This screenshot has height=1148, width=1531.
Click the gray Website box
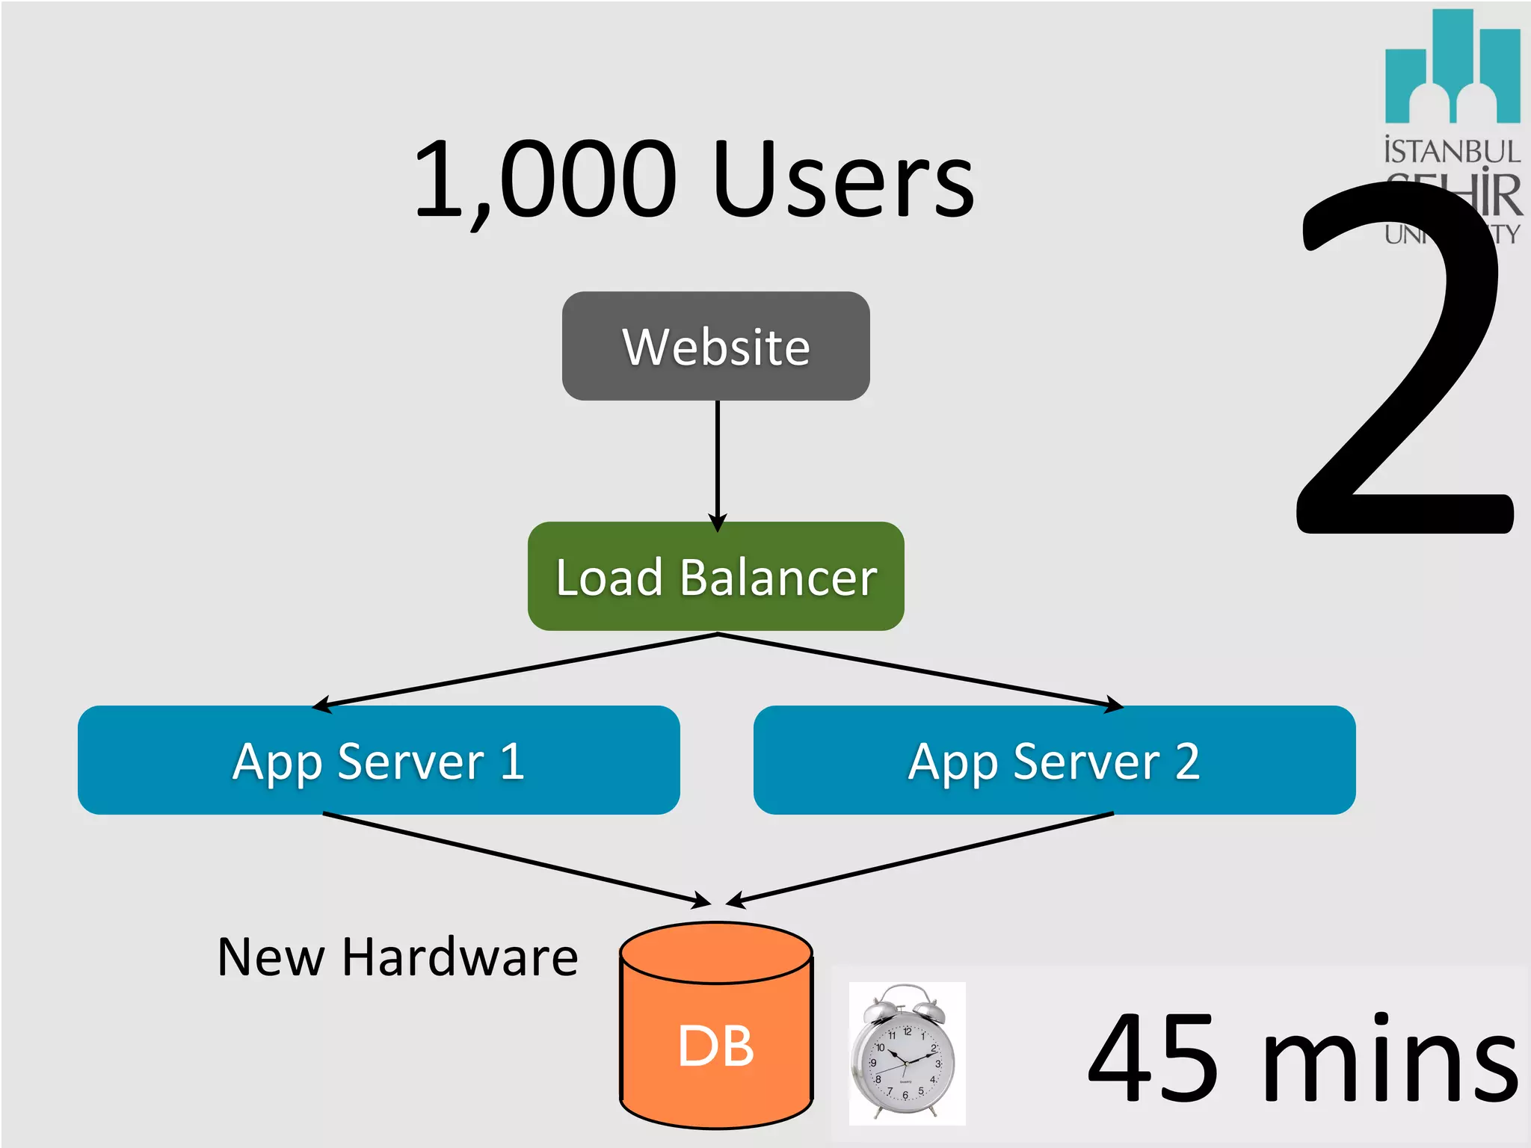tap(715, 346)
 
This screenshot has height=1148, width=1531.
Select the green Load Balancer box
tap(715, 576)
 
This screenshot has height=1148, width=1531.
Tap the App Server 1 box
tap(378, 760)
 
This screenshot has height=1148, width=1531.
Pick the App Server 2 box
tap(1054, 760)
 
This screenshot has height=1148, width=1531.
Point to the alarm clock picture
tap(907, 1053)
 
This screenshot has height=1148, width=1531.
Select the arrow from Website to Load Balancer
tap(717, 463)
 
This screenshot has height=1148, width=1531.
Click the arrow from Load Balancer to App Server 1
tap(516, 670)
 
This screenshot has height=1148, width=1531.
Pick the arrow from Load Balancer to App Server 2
tap(919, 670)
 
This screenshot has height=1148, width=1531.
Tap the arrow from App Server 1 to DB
tap(516, 859)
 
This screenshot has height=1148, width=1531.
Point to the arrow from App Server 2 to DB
tap(919, 859)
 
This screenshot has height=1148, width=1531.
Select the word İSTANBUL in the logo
tap(1452, 151)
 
